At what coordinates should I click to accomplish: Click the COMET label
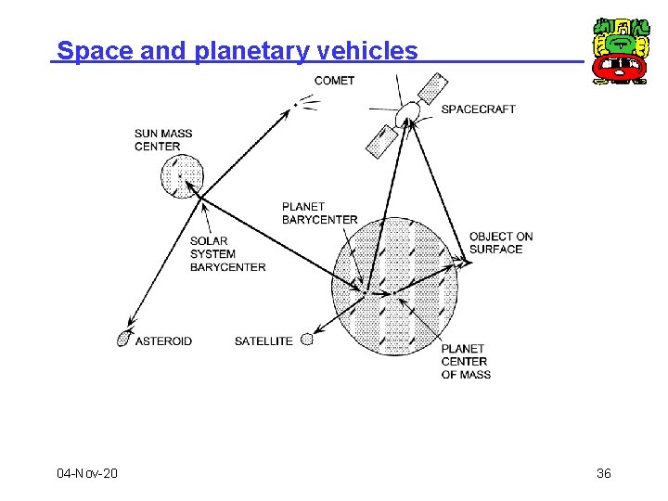334,81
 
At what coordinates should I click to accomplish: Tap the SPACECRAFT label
478,109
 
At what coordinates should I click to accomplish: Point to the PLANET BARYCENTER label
319,213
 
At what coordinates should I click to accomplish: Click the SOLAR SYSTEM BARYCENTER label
227,254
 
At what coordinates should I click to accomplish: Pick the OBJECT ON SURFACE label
501,242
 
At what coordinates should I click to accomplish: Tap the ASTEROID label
163,341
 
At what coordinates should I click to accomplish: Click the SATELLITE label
263,341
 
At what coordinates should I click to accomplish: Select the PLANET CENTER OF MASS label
466,362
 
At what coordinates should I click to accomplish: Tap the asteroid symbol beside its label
123,340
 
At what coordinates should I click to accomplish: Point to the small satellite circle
308,340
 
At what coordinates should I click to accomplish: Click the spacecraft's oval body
406,116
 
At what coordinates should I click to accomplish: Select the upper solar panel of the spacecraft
433,86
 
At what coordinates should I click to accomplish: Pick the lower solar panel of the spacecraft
380,141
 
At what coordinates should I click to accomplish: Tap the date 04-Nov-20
87,474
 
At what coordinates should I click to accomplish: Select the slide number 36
603,474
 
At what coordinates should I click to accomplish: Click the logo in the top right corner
620,51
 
